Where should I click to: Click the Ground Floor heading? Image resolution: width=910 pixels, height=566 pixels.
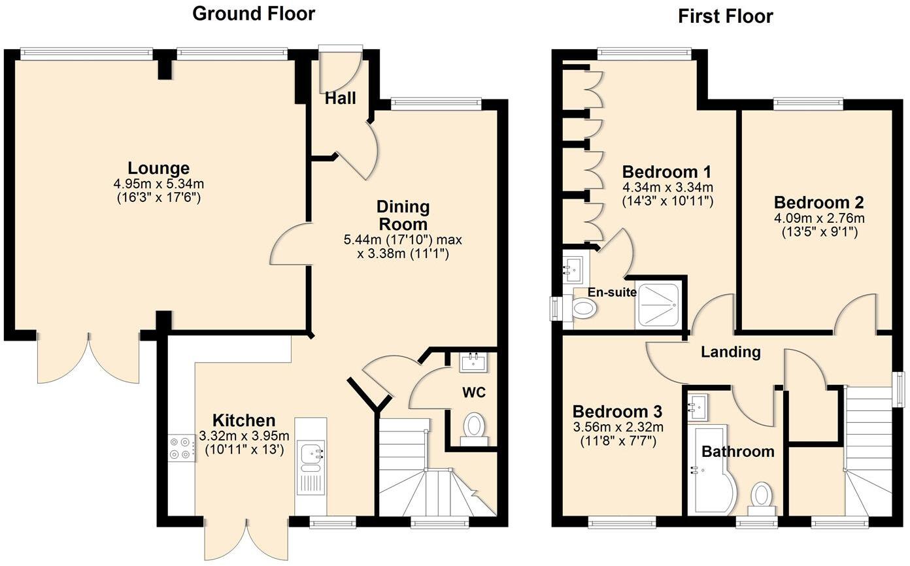click(254, 14)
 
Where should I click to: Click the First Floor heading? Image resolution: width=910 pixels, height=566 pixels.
click(725, 16)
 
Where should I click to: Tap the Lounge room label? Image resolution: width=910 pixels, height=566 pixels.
click(158, 168)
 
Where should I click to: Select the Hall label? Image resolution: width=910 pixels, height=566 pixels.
click(341, 98)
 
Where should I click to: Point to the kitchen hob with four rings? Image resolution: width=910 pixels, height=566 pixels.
click(181, 448)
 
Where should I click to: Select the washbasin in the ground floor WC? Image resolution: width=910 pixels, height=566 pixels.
click(473, 362)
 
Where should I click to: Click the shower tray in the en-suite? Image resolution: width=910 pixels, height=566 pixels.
click(659, 306)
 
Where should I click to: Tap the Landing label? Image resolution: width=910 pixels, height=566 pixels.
click(731, 352)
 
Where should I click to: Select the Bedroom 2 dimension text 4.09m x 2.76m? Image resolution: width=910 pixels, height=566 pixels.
click(819, 218)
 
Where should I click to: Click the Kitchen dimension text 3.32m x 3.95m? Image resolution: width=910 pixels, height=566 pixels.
click(244, 436)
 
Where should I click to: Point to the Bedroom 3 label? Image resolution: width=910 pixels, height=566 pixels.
click(618, 412)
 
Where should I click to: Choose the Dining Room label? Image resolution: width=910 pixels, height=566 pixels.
click(403, 216)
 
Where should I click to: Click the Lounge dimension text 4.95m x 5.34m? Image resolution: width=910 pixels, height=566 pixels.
click(158, 184)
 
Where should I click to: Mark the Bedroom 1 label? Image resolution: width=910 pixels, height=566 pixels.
click(667, 172)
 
